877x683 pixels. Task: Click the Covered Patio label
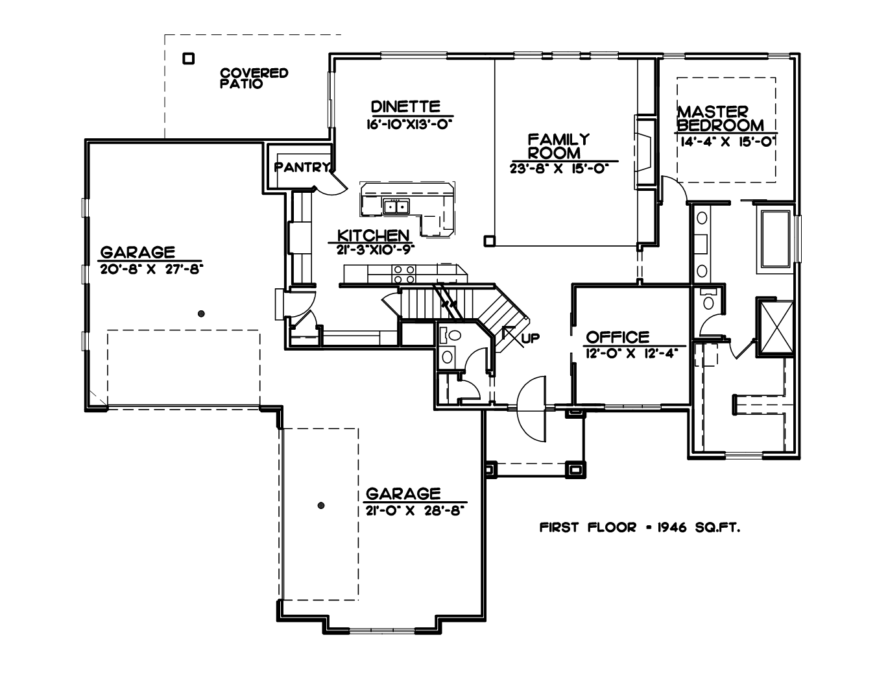[x=254, y=79]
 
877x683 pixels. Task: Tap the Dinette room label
[x=405, y=106]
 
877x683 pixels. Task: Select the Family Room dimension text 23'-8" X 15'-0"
[x=559, y=168]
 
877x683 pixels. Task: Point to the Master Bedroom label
[x=721, y=118]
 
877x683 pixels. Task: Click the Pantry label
[x=302, y=168]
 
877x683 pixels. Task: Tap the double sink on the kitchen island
[x=396, y=206]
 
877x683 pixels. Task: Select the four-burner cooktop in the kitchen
[x=403, y=274]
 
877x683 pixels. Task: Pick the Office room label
[x=618, y=337]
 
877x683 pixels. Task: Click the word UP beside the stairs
[x=531, y=338]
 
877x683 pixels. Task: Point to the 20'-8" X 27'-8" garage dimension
[x=151, y=269]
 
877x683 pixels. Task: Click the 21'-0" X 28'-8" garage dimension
[x=414, y=510]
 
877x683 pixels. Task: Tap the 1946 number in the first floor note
[x=672, y=527]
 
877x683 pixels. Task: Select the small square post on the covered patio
[x=189, y=58]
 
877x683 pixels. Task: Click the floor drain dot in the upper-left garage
[x=201, y=314]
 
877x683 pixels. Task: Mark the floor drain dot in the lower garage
[x=321, y=505]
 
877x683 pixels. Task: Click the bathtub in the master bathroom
[x=775, y=239]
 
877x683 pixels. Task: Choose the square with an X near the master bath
[x=776, y=327]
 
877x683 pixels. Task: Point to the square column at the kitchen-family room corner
[x=489, y=241]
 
